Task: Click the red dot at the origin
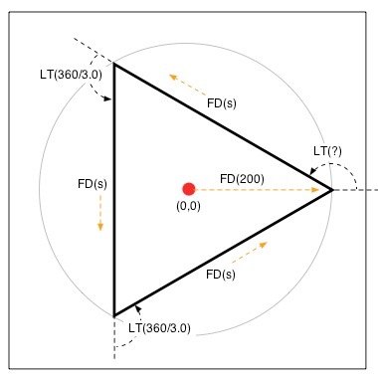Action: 188,189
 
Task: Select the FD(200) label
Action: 242,179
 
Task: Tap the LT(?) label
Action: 328,151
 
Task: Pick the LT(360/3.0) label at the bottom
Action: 159,327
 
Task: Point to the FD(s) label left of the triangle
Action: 92,184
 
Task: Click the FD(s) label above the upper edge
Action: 221,101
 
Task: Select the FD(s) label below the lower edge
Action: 220,274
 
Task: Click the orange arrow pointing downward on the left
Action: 100,212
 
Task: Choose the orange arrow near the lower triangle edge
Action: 249,253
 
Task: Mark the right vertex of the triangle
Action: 331,189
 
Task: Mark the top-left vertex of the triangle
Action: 115,65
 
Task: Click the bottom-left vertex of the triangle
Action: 115,314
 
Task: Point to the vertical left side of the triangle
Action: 115,189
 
